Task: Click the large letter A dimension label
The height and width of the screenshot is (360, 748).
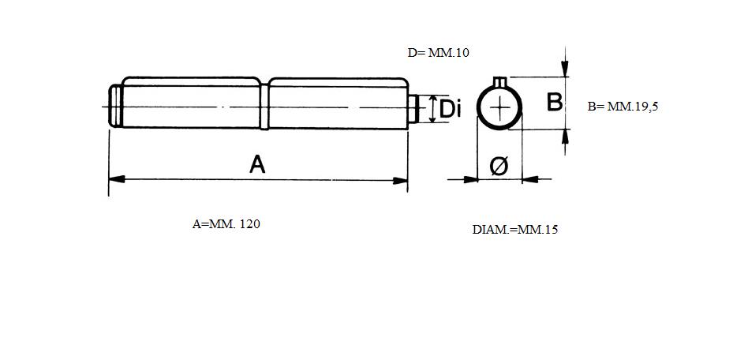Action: point(257,165)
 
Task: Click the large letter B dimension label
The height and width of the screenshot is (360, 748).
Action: point(555,102)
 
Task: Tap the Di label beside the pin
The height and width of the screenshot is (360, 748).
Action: point(450,109)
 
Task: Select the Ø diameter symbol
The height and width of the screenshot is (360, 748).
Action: point(499,166)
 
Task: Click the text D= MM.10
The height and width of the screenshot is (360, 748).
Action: point(439,53)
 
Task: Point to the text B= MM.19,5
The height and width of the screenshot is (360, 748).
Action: point(623,107)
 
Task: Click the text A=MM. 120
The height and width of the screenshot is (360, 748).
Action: point(226,224)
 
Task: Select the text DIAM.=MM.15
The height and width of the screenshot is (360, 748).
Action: point(515,230)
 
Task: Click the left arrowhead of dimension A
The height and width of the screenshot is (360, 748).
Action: point(117,179)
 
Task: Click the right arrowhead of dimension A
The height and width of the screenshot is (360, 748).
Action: point(400,181)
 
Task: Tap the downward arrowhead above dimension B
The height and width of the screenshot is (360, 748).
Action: point(565,68)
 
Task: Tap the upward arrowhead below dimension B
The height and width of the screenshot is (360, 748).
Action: point(565,137)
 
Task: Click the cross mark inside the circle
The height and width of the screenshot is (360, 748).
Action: point(499,108)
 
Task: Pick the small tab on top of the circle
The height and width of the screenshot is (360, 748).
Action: point(499,82)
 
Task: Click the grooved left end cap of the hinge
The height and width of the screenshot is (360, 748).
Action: point(115,106)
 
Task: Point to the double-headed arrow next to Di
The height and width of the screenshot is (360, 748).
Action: point(432,109)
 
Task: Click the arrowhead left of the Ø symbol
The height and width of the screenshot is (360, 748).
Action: point(470,179)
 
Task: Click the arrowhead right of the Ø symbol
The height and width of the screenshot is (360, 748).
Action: point(530,179)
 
